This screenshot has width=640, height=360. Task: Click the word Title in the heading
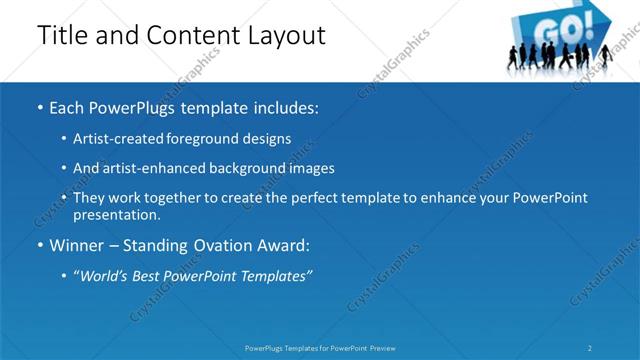click(x=60, y=36)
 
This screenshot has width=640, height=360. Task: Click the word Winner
click(x=76, y=245)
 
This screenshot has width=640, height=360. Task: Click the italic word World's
click(x=104, y=275)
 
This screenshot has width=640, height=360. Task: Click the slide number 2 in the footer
click(x=590, y=348)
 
